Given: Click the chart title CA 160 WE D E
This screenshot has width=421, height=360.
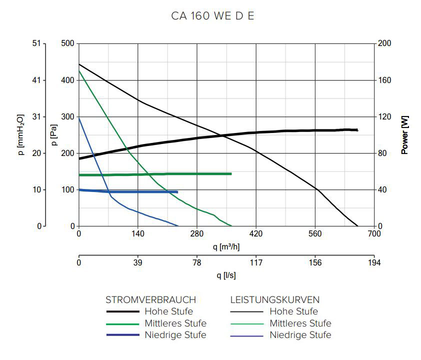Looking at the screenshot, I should (212, 15).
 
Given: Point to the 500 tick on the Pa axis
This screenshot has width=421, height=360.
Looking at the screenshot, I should (67, 43).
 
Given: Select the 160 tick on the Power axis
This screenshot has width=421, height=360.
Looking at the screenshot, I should (385, 80).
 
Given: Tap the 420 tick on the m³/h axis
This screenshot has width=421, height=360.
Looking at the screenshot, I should (256, 233).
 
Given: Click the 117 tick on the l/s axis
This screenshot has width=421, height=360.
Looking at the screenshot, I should (256, 263).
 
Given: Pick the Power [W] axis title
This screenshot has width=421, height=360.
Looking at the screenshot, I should (405, 135).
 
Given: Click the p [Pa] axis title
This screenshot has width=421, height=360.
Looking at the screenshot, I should (54, 135).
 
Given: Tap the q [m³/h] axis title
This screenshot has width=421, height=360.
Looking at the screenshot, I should (226, 246).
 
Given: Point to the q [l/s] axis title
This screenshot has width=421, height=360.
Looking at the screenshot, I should (226, 275).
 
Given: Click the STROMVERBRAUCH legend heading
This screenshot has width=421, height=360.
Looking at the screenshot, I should (150, 300).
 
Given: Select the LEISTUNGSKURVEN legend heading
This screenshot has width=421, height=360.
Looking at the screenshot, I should (274, 300).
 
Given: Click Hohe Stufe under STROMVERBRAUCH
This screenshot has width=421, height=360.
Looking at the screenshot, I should (168, 311).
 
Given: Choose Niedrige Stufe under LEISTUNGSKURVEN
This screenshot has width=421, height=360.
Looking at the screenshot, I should (300, 335).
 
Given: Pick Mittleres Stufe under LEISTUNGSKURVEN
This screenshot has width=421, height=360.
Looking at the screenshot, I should (300, 323).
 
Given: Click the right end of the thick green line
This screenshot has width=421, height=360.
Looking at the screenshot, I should (231, 173).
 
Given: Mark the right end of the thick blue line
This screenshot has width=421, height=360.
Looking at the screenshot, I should (177, 192).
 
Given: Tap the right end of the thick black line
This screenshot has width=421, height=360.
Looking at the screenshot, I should (357, 130).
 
